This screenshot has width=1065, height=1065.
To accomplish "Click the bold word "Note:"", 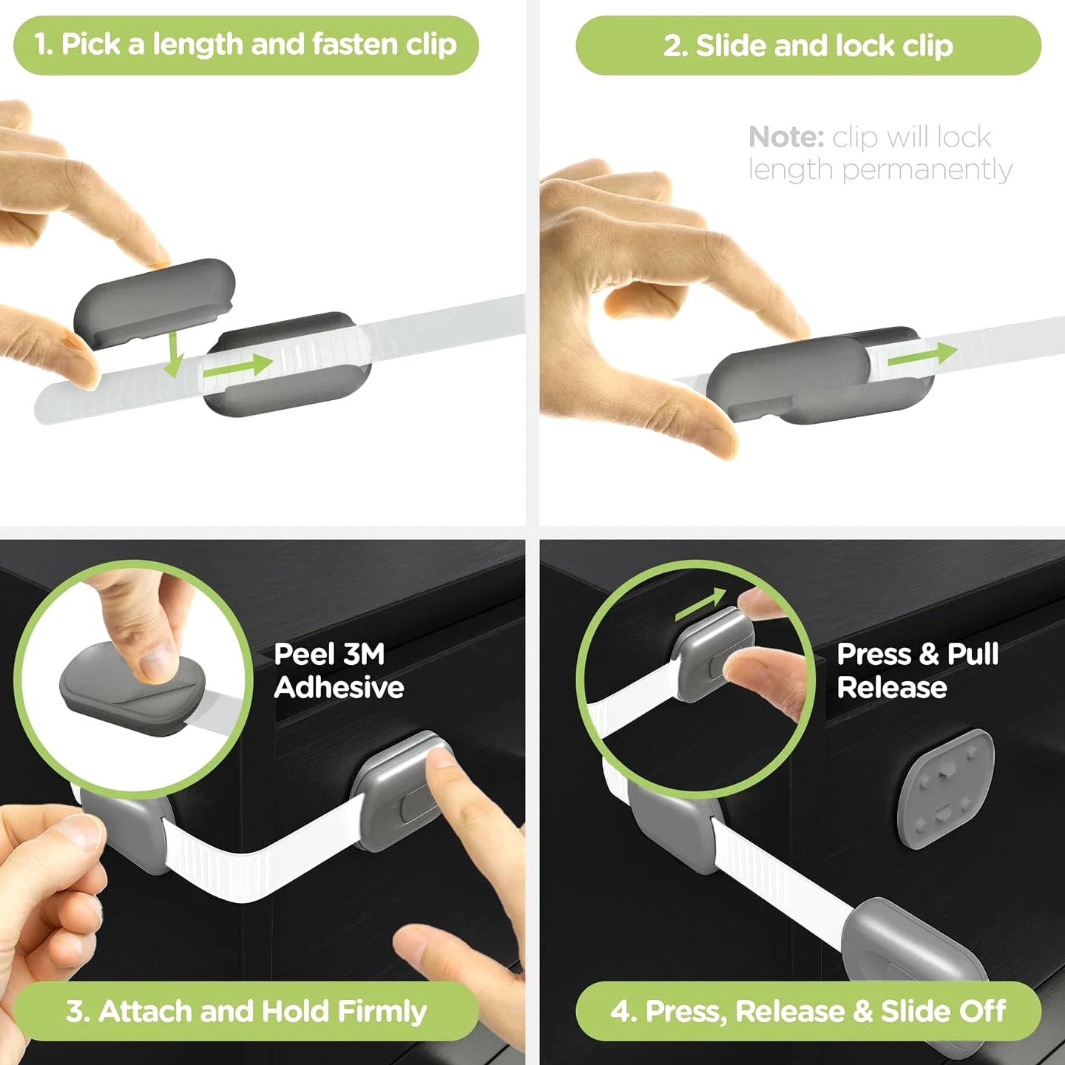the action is [786, 137].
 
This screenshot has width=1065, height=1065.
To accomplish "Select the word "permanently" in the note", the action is [927, 170].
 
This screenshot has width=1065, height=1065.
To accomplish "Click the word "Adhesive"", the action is [339, 688].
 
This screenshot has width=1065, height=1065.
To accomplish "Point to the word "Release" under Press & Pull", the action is [891, 688].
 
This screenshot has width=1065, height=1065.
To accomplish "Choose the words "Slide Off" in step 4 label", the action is [943, 1012].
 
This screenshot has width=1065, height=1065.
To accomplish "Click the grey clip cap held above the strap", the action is [155, 304].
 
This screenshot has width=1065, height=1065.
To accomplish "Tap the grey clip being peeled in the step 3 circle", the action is [132, 694].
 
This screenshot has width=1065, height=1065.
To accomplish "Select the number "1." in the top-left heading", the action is [44, 44].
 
